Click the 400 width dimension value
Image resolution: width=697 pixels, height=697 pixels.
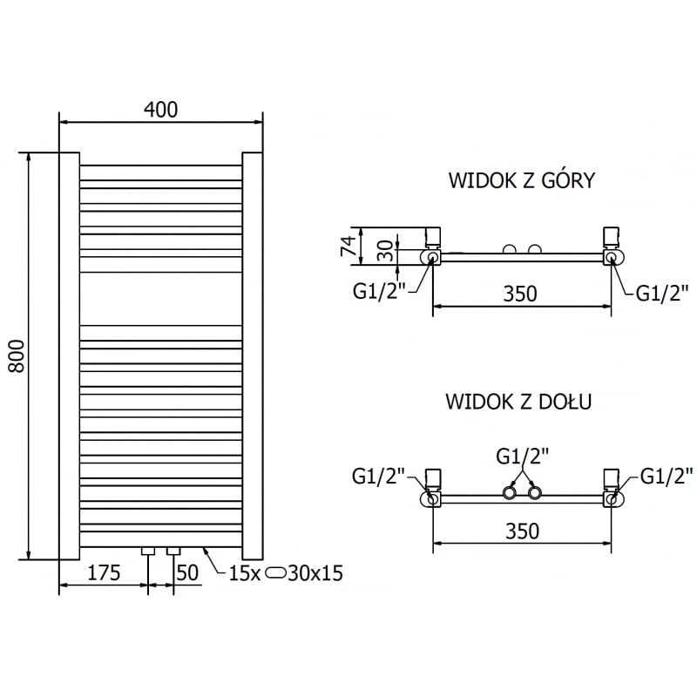pos(160,110)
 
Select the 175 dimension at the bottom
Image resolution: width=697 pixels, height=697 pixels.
pos(103,573)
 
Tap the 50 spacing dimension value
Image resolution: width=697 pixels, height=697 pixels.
pos(188,573)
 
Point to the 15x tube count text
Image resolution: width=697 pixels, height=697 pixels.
pos(244,573)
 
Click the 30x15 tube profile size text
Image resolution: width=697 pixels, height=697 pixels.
pos(316,573)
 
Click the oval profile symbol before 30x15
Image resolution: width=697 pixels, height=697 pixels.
pos(277,573)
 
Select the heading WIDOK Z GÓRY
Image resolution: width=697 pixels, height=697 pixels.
pos(521,180)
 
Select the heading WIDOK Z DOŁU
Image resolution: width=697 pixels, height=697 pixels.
pos(518,402)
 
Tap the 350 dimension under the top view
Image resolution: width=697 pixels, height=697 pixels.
pos(520,294)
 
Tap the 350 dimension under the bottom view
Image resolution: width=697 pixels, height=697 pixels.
pos(521,531)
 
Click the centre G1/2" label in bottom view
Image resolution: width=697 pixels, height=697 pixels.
pos(523,457)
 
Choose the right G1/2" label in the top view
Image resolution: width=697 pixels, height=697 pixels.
pos(662,293)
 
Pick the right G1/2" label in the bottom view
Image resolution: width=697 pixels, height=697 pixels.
pos(667,476)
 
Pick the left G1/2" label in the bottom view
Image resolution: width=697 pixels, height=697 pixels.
pos(379,476)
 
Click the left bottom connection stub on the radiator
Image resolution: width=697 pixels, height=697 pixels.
pos(148,551)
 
